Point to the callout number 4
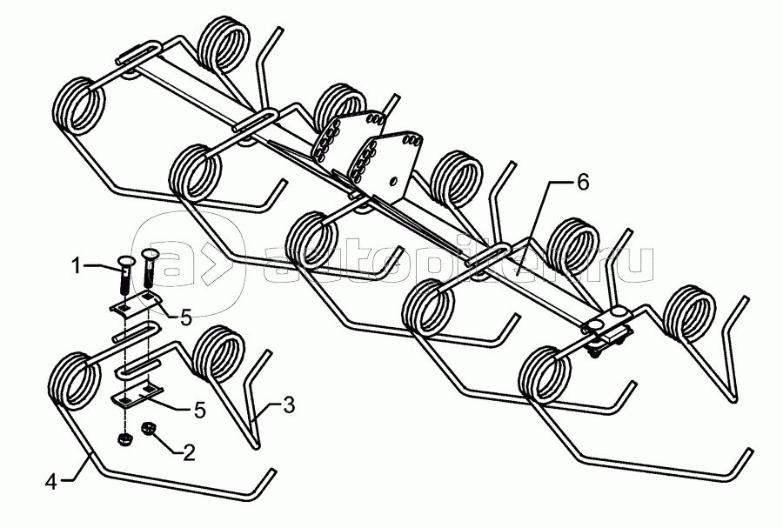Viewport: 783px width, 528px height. (51, 480)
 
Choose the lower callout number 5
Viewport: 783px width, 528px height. (199, 410)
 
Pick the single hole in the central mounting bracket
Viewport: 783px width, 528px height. (395, 180)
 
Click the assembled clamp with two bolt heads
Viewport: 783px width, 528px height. (607, 331)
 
